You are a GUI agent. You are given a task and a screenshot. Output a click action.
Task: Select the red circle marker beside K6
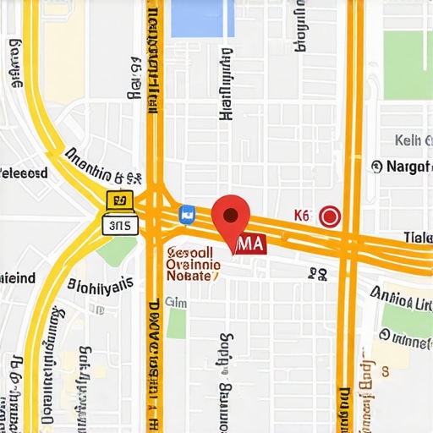tap(330, 216)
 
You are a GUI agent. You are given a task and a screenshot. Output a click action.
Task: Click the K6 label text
tap(302, 216)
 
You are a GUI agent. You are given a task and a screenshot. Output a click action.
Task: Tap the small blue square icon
tap(187, 215)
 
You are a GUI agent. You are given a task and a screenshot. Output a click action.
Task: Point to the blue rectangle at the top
tap(201, 18)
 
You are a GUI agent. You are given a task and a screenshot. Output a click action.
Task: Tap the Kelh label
tap(413, 140)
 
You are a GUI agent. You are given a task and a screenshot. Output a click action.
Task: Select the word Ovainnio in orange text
tap(191, 264)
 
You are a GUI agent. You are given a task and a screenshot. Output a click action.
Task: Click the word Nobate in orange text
tap(193, 277)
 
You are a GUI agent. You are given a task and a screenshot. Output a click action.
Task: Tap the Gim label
tap(176, 302)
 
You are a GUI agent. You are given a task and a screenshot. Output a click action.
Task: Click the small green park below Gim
tap(176, 323)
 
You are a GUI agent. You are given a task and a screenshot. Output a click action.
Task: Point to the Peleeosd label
tap(24, 173)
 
